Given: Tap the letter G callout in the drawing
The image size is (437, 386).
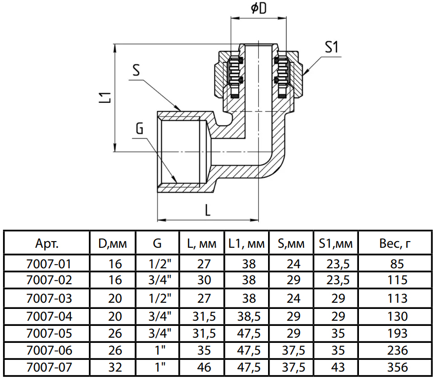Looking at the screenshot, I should (x=140, y=128).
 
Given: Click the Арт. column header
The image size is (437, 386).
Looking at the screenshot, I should (x=48, y=243).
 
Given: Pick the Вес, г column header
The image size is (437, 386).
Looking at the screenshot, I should (x=395, y=243).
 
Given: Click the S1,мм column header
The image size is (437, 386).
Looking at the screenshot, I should (x=336, y=243).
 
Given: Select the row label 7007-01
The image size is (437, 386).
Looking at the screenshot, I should (x=48, y=264).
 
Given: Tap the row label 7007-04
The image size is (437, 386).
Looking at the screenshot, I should (x=48, y=316).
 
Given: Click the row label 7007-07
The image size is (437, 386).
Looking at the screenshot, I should (x=48, y=368).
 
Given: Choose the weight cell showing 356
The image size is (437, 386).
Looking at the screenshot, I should (x=395, y=368).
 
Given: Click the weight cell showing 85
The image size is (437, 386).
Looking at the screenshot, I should (x=395, y=264).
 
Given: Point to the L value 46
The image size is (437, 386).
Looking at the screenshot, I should (x=203, y=368).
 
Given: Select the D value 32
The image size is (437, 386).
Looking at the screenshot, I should (x=116, y=368).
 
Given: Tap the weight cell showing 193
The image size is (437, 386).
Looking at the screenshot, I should (x=395, y=333).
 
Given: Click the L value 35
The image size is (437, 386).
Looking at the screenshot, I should (x=203, y=351).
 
